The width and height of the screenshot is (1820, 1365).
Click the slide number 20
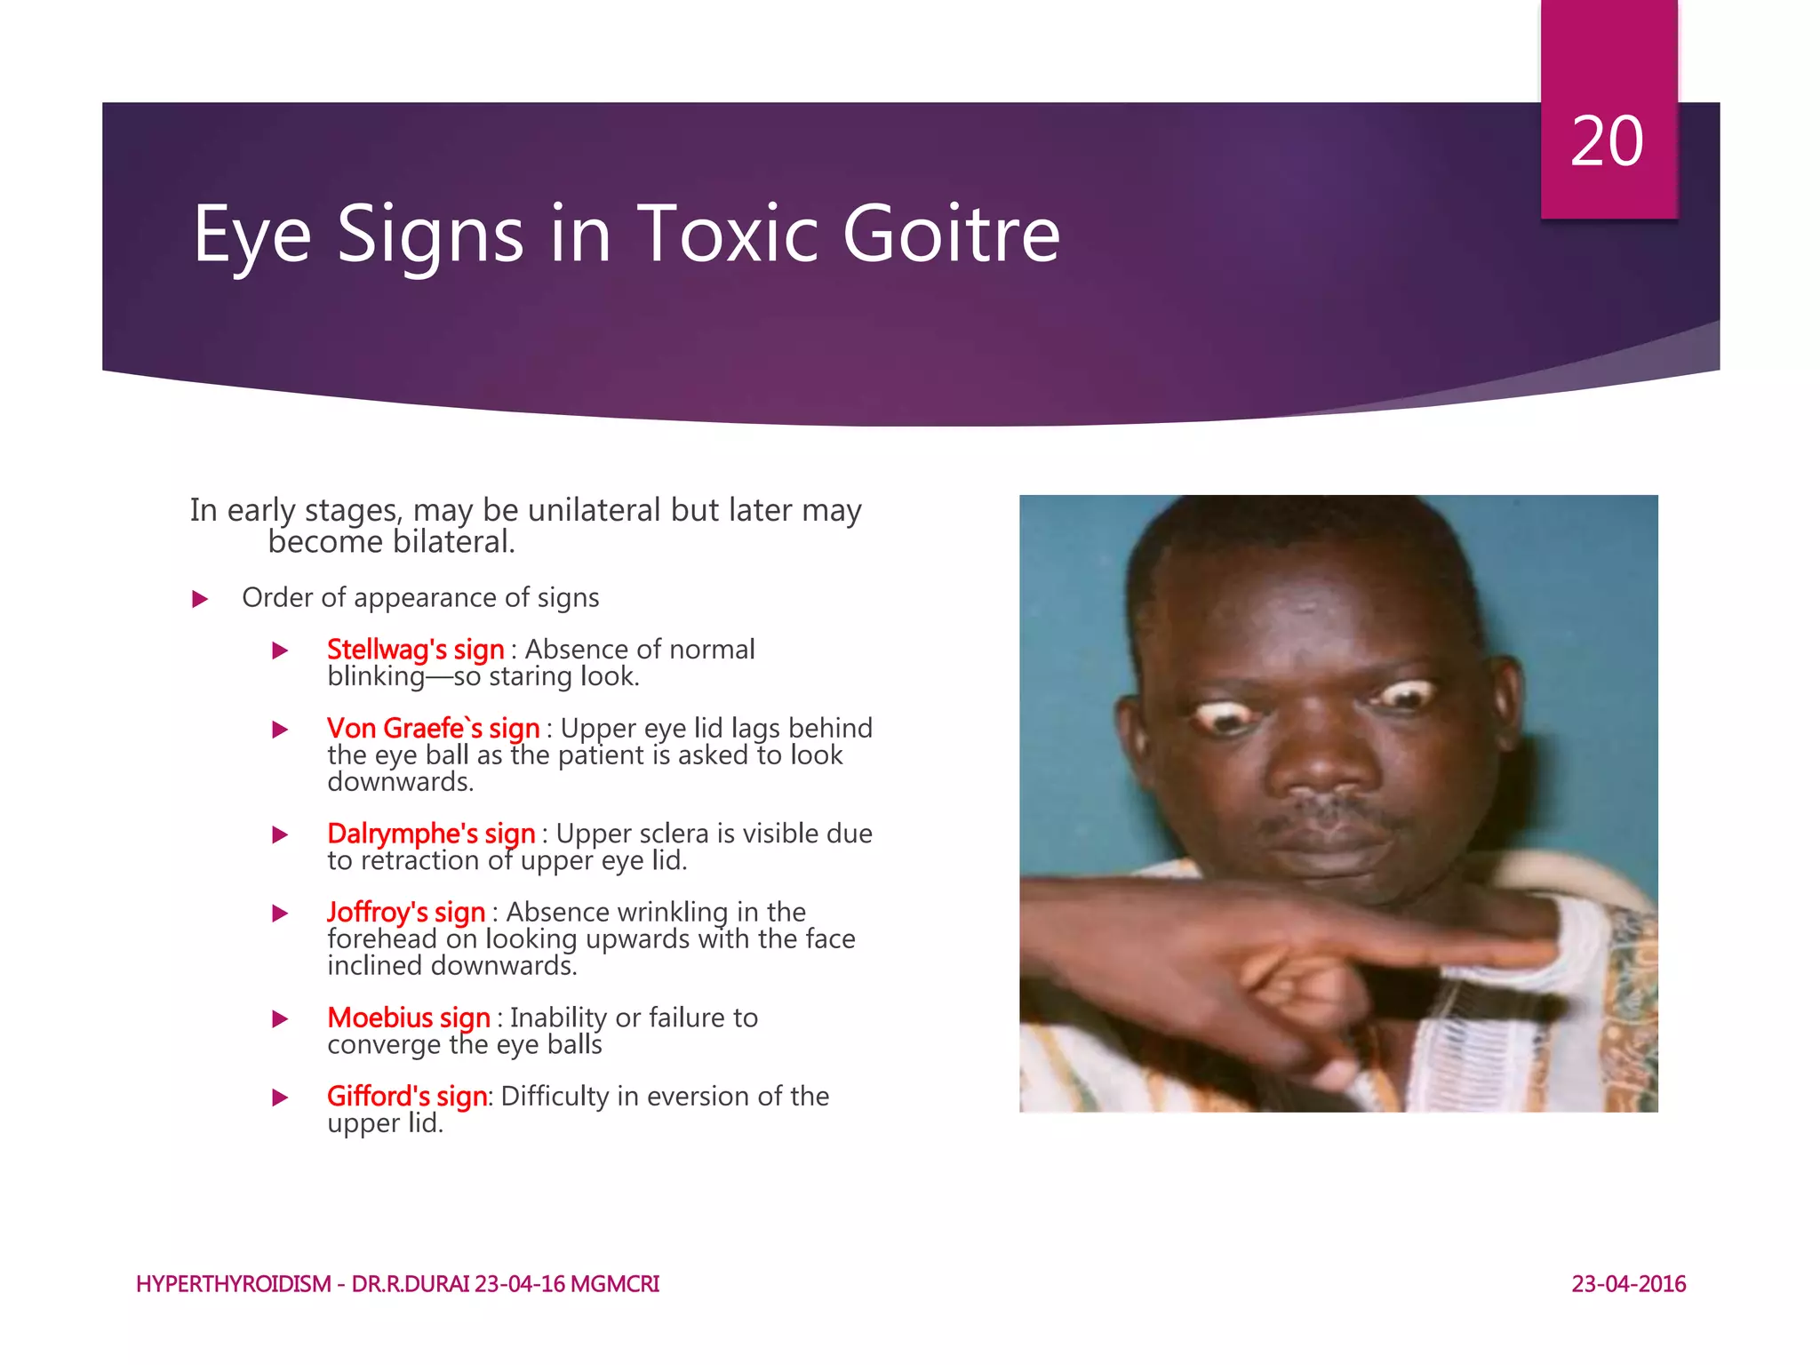(1607, 142)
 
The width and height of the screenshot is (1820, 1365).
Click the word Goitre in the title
(951, 235)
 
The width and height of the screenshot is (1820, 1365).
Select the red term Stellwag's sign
(415, 650)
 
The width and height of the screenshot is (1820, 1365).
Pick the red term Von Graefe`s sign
(433, 729)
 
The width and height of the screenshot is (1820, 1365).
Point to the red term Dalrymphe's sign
(431, 834)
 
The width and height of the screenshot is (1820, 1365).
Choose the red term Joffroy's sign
(406, 913)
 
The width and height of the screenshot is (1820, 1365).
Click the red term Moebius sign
(409, 1018)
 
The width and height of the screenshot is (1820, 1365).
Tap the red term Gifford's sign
(407, 1097)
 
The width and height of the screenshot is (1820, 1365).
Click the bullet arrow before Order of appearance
(200, 599)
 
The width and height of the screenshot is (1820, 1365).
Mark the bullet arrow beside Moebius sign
(280, 1018)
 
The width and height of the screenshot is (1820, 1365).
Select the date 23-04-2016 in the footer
(1628, 1284)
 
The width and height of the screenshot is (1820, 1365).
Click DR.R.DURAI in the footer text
(410, 1284)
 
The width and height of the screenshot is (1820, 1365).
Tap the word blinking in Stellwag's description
(376, 677)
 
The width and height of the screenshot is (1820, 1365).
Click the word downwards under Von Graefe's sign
(400, 782)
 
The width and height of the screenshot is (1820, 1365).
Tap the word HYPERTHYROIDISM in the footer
(234, 1284)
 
